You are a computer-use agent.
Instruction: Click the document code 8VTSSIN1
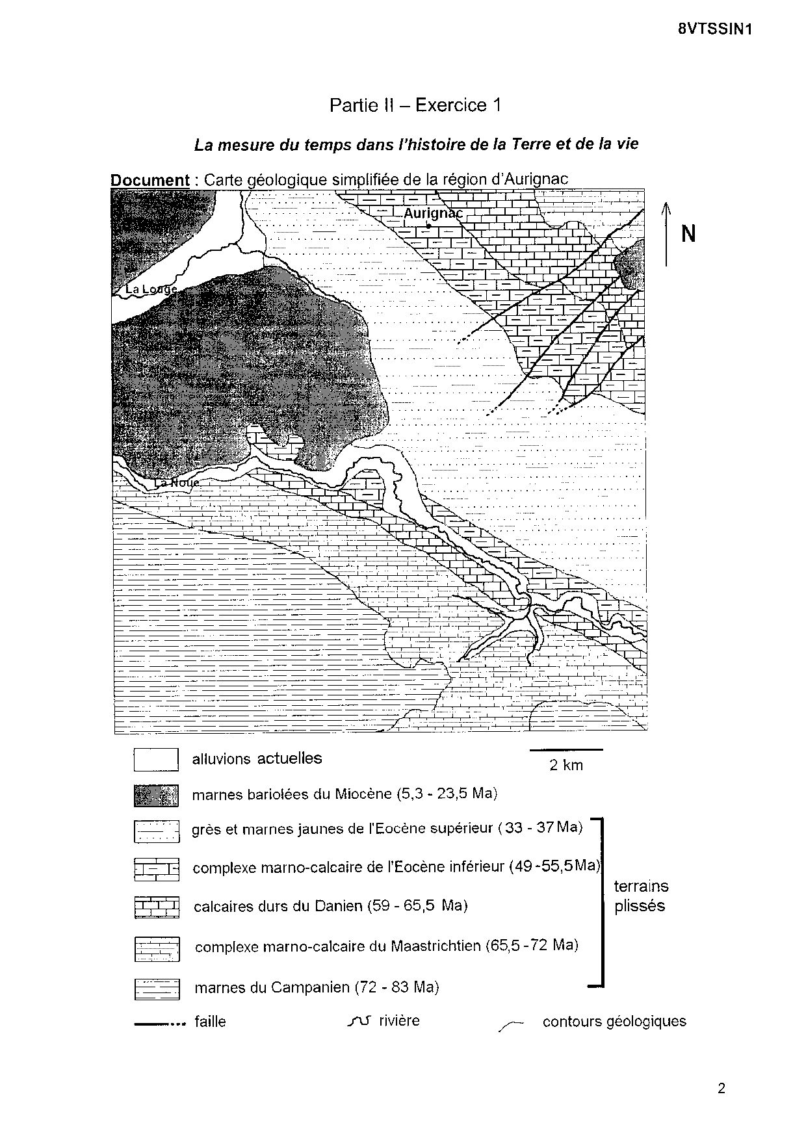pos(719,29)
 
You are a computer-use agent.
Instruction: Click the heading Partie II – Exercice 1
pos(415,105)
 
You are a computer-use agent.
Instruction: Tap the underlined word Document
pos(149,180)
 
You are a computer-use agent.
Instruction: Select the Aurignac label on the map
pos(433,213)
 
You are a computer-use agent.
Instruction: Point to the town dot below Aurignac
pos(428,226)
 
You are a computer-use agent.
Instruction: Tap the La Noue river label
pos(176,483)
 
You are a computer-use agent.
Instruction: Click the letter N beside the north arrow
pos(688,234)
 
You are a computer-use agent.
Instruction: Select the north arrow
pos(666,234)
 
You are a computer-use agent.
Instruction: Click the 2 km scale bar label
pos(566,765)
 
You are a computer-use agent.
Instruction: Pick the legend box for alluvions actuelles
pos(156,759)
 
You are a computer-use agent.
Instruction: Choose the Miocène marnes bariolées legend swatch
pos(156,795)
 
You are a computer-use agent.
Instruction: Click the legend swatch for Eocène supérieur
pos(156,831)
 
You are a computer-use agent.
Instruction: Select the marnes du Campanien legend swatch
pos(156,989)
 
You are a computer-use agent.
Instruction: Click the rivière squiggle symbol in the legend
pos(359,1021)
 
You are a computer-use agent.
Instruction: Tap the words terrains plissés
pos(641,896)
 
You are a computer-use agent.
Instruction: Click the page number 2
pos(721,1089)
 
